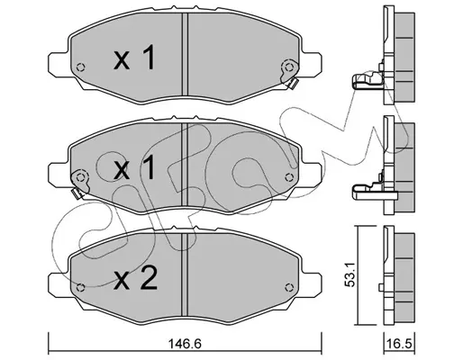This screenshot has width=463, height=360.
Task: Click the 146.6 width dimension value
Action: (x=184, y=344)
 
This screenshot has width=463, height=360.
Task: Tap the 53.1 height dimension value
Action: (x=351, y=274)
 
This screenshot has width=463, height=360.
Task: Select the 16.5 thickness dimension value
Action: (x=399, y=344)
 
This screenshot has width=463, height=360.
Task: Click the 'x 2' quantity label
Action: (x=135, y=278)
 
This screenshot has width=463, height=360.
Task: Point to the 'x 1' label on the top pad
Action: (x=135, y=58)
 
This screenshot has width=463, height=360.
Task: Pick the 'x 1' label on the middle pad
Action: (x=135, y=167)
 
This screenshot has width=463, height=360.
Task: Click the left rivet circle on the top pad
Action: (x=80, y=67)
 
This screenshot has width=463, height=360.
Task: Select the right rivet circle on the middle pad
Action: (x=289, y=177)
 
